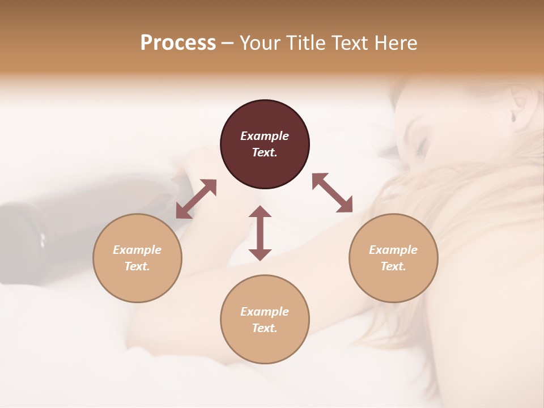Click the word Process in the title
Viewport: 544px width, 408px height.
178,43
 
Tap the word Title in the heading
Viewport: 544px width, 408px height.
306,43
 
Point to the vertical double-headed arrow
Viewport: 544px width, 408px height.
260,233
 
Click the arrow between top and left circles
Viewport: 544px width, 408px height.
196,199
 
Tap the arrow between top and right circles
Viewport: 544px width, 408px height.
333,193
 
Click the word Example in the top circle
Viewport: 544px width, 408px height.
265,136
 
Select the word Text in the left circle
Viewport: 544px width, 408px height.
137,266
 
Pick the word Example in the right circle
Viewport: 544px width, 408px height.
393,250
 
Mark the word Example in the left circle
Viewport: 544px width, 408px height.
137,250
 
